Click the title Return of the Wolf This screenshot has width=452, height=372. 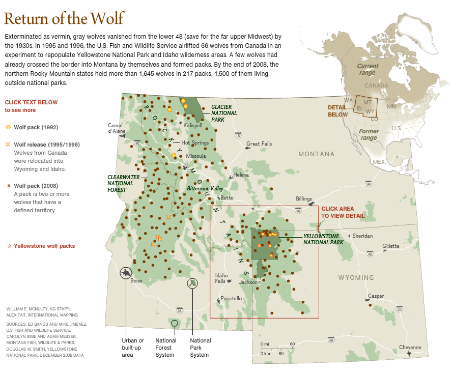tap(64, 19)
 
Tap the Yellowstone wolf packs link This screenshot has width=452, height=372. tap(44, 246)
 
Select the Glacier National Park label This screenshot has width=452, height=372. tap(224, 113)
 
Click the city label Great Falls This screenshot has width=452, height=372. tap(260, 144)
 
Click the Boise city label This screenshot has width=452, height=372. tap(136, 280)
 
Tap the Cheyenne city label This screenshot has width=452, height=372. tap(410, 348)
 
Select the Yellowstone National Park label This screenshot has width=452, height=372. tap(324, 239)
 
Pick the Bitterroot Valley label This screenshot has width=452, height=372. tap(205, 188)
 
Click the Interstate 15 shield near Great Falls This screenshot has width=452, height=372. tap(238, 135)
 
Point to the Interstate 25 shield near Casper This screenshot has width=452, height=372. tap(399, 309)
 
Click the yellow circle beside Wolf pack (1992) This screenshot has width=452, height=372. tap(8, 126)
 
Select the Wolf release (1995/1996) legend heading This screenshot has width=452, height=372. tap(47, 145)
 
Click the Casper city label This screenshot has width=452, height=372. tap(376, 296)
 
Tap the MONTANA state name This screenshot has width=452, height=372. tap(316, 154)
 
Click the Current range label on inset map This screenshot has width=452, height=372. tap(367, 69)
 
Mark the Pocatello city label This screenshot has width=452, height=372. tap(231, 299)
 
